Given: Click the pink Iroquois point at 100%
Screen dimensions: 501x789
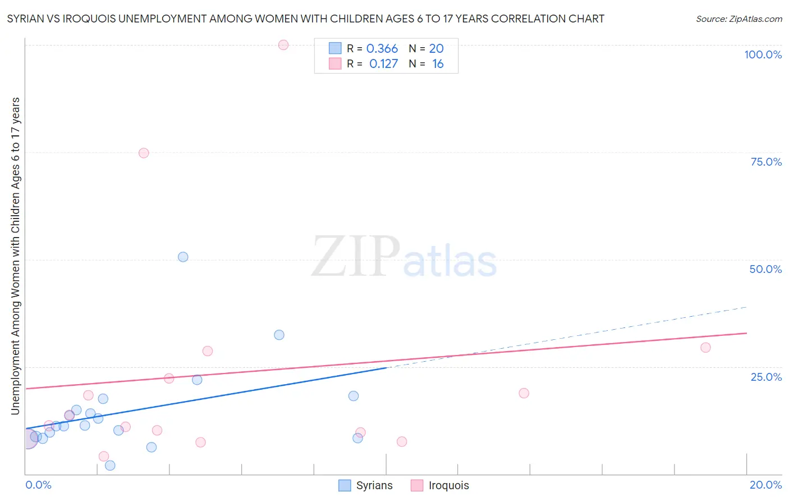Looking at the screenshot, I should tap(283, 45).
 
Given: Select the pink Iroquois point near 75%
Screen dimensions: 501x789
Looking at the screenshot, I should tap(144, 153).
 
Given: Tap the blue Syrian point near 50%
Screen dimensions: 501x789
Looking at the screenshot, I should tap(183, 257).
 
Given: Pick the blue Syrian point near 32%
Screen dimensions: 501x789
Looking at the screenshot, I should tap(279, 335).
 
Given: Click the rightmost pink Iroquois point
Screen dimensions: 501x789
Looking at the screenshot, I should tap(705, 348).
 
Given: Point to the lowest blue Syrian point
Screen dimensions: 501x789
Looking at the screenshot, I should tap(110, 465).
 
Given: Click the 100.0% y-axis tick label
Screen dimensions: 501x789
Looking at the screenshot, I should tap(763, 54).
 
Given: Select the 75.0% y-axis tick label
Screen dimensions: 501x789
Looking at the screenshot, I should tap(766, 162).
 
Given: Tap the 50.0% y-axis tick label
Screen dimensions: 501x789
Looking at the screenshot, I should tap(765, 269).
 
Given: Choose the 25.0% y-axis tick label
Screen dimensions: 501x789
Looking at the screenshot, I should tap(766, 376).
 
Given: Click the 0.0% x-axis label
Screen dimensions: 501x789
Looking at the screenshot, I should tap(39, 485).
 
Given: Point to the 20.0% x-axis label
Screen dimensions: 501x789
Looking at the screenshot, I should tap(765, 485).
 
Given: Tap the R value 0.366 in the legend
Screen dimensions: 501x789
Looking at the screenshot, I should tap(382, 48).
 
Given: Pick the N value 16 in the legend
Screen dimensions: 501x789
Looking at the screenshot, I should tap(438, 63).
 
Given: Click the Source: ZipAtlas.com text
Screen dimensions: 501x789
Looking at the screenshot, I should tap(738, 19).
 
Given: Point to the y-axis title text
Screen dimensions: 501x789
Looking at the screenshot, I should tap(15, 256).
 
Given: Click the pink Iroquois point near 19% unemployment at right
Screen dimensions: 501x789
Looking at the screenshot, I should tap(524, 393).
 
